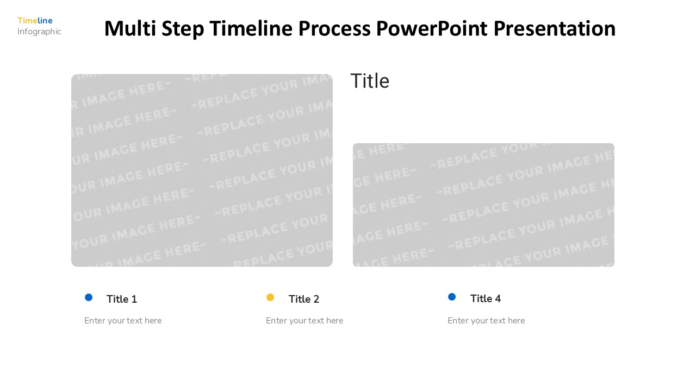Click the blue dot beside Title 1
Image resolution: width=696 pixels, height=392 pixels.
click(89, 297)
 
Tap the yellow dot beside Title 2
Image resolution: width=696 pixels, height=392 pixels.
click(270, 297)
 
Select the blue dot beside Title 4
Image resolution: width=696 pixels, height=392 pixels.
click(452, 297)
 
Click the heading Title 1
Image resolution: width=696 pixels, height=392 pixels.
click(122, 299)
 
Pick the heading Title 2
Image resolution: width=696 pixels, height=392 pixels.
click(304, 299)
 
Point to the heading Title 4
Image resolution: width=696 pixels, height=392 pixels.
click(486, 298)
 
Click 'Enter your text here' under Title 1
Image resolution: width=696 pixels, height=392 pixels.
click(123, 321)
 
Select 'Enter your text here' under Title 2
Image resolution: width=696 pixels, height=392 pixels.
click(304, 321)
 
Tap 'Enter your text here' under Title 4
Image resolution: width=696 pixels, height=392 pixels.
click(486, 321)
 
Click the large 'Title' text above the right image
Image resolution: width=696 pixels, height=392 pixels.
click(370, 81)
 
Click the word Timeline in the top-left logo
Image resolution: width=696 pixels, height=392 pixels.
click(35, 21)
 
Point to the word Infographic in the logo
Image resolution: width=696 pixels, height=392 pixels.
click(39, 32)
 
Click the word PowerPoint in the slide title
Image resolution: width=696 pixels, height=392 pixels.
click(432, 28)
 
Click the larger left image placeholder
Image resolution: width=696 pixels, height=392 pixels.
click(202, 170)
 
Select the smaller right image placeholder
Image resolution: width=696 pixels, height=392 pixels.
click(483, 205)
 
